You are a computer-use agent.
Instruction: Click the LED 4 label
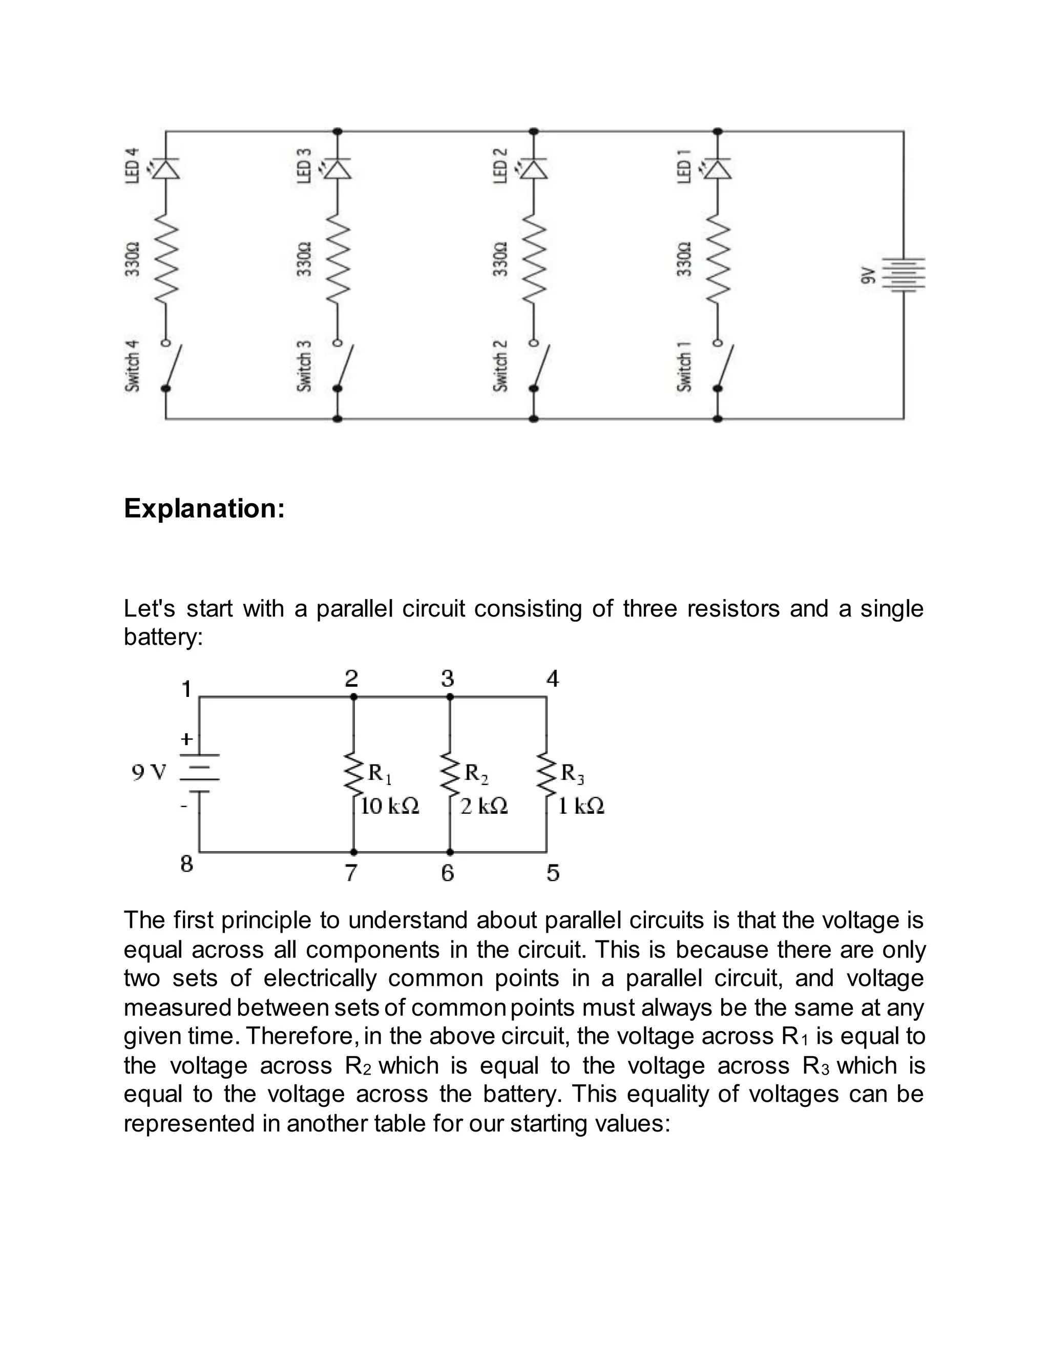(132, 166)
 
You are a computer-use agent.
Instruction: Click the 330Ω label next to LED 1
(684, 259)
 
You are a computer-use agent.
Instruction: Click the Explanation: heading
(204, 508)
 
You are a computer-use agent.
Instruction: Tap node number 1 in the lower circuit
(186, 689)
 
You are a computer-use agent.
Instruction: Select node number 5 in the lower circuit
(553, 873)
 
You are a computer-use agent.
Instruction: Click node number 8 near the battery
(186, 863)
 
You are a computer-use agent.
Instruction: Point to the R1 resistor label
(380, 773)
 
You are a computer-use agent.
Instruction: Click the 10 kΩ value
(390, 807)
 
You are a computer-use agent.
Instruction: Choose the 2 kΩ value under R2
(484, 807)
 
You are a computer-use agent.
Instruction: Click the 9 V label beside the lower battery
(149, 773)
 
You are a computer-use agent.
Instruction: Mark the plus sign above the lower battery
(186, 738)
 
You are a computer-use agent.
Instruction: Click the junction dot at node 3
(450, 697)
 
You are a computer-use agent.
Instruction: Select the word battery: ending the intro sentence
(163, 637)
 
